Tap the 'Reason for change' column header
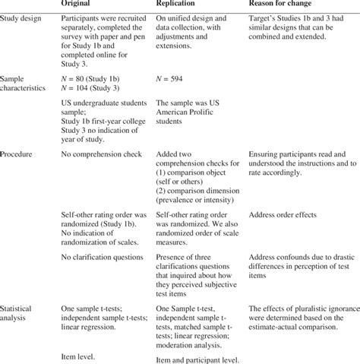coord(284,4)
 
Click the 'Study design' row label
coord(23,17)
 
